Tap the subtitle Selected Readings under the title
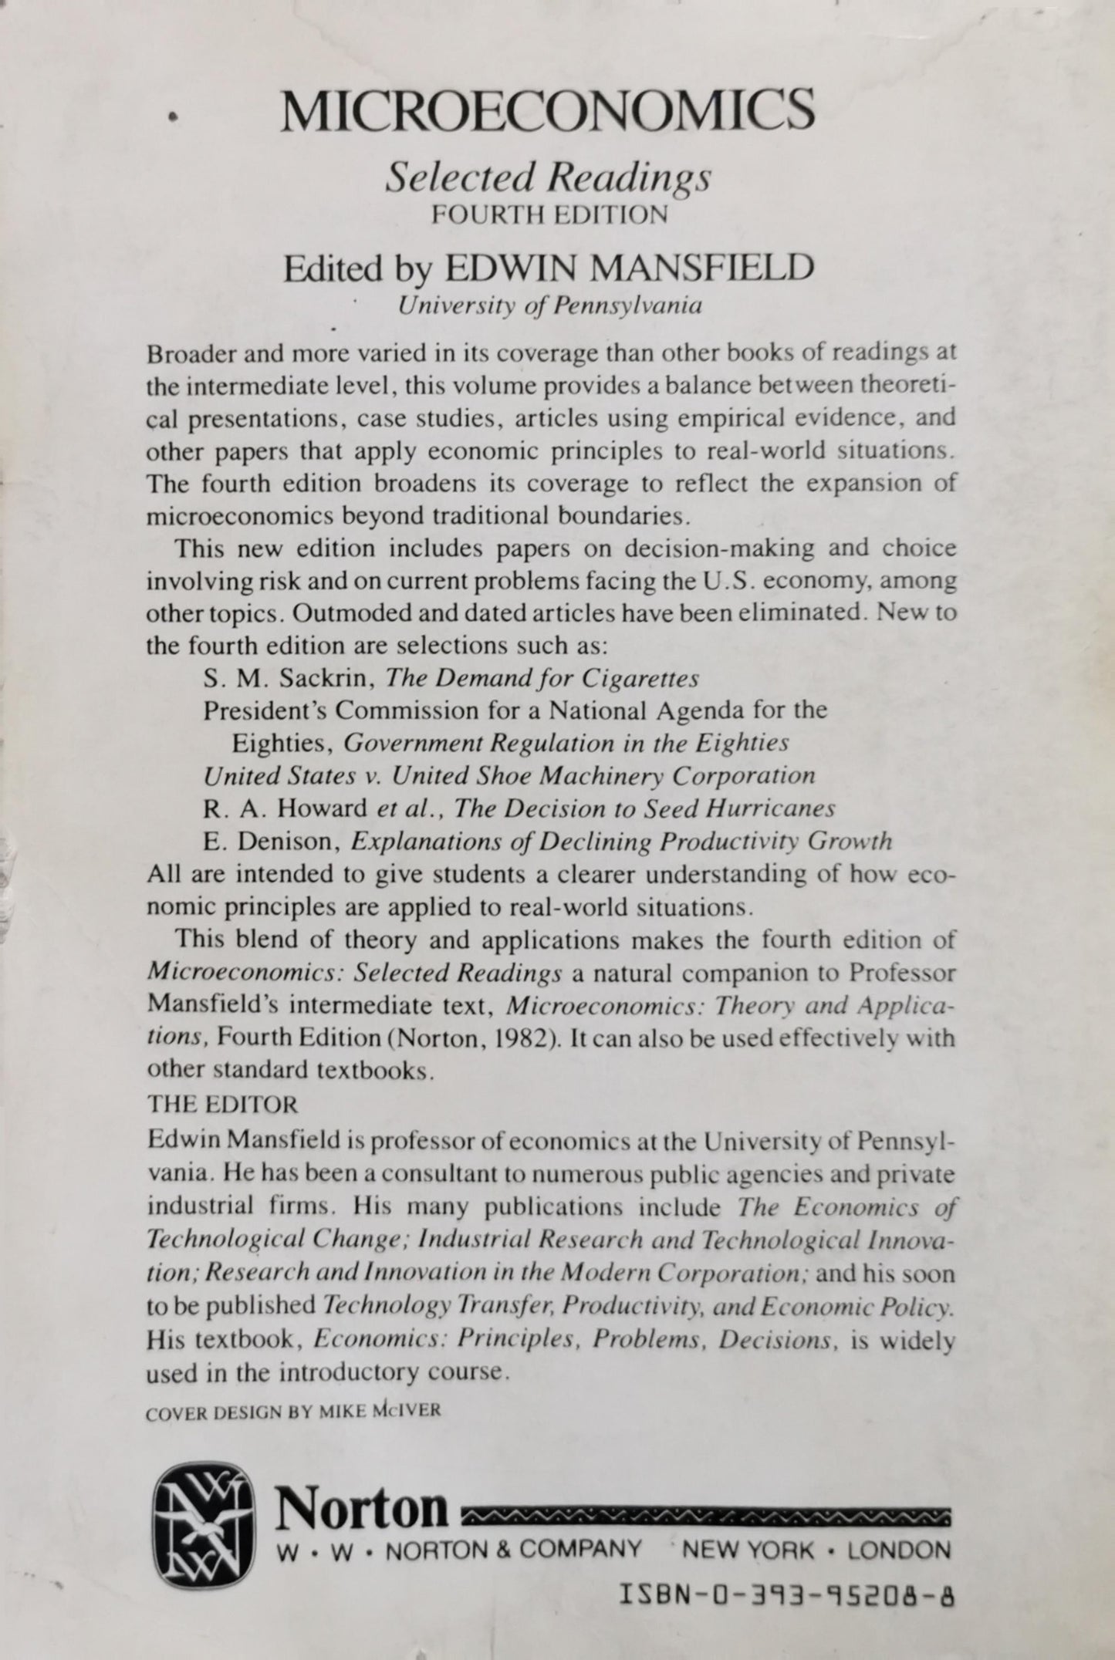pos(548,179)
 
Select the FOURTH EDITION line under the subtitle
pos(549,214)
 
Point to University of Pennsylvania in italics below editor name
pos(549,306)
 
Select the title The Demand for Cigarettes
pos(542,678)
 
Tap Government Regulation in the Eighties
pos(566,742)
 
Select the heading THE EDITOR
pos(221,1104)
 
